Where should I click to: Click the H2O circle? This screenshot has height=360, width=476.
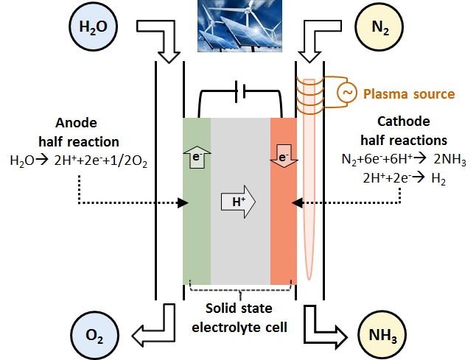[x=93, y=27]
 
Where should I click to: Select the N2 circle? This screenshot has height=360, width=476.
[x=379, y=27]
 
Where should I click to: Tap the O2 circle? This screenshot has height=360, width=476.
[x=94, y=336]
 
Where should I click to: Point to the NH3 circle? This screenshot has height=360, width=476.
[x=382, y=336]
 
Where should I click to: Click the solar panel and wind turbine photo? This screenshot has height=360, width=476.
[x=239, y=26]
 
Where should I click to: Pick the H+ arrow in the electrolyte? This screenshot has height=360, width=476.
[x=238, y=202]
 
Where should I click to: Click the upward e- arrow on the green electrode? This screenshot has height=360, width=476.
[x=197, y=156]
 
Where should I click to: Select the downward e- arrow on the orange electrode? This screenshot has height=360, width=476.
[x=284, y=156]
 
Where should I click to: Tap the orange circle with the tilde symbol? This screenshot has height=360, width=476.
[x=346, y=92]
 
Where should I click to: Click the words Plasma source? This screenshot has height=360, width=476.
[x=409, y=94]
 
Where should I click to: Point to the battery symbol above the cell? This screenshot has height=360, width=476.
[x=240, y=91]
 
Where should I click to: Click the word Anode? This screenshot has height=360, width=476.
[x=76, y=123]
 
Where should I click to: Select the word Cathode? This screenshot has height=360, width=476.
[x=404, y=121]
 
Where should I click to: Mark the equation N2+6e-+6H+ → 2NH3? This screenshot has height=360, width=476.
[x=404, y=159]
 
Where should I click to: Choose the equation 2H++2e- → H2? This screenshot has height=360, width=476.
[x=404, y=178]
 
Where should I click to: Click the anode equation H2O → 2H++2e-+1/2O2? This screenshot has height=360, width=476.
[x=79, y=160]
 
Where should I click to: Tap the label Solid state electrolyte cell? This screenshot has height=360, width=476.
[x=239, y=318]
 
